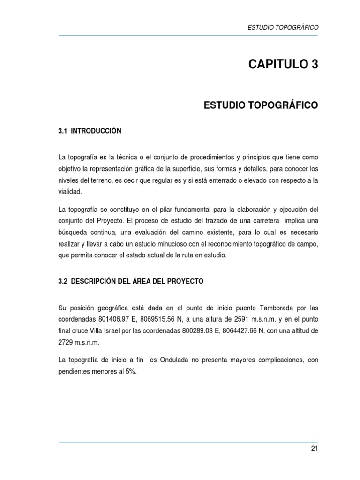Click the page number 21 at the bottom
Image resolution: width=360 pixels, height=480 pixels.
314,449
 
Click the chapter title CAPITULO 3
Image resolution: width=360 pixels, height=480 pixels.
283,65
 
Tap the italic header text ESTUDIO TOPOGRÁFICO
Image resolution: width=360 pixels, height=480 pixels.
283,28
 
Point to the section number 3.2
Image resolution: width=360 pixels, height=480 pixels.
63,281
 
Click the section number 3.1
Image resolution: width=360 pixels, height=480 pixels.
63,131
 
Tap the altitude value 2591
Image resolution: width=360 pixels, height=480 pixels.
239,319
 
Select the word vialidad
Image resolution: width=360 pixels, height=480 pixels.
69,191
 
